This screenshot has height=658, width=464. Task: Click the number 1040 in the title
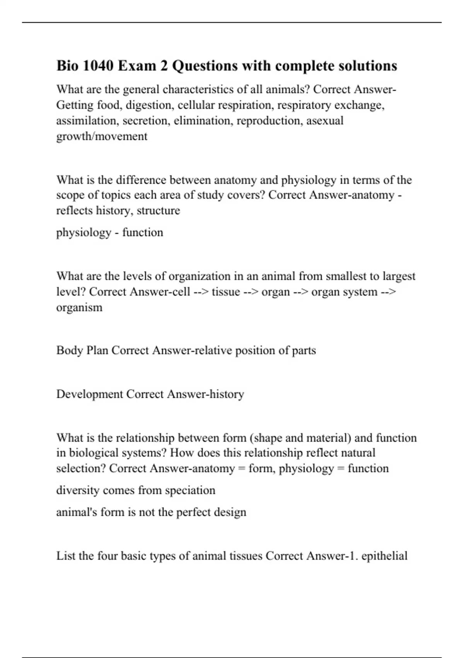(x=98, y=66)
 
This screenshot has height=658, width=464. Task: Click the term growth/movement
(x=102, y=136)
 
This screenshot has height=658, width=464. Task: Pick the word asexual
(x=325, y=121)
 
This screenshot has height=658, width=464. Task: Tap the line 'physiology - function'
(x=110, y=232)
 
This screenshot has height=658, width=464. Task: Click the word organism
(x=79, y=307)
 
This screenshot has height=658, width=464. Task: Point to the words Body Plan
(x=82, y=350)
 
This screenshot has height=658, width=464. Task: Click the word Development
(x=89, y=394)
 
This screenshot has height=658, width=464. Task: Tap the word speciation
(x=190, y=490)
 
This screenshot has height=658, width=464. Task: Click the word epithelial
(x=384, y=556)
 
